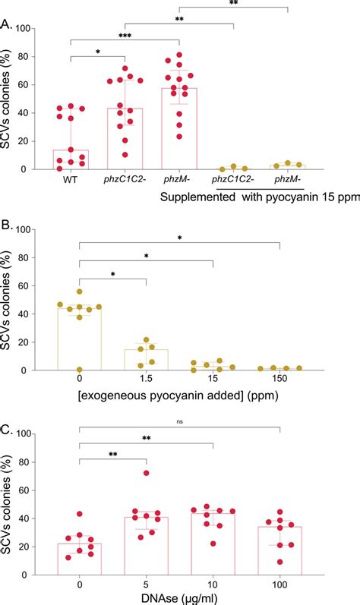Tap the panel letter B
click(x=7, y=224)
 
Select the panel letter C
click(x=7, y=429)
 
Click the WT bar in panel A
click(x=71, y=160)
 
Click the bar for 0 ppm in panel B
click(x=79, y=340)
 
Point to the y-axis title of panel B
click(x=13, y=300)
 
